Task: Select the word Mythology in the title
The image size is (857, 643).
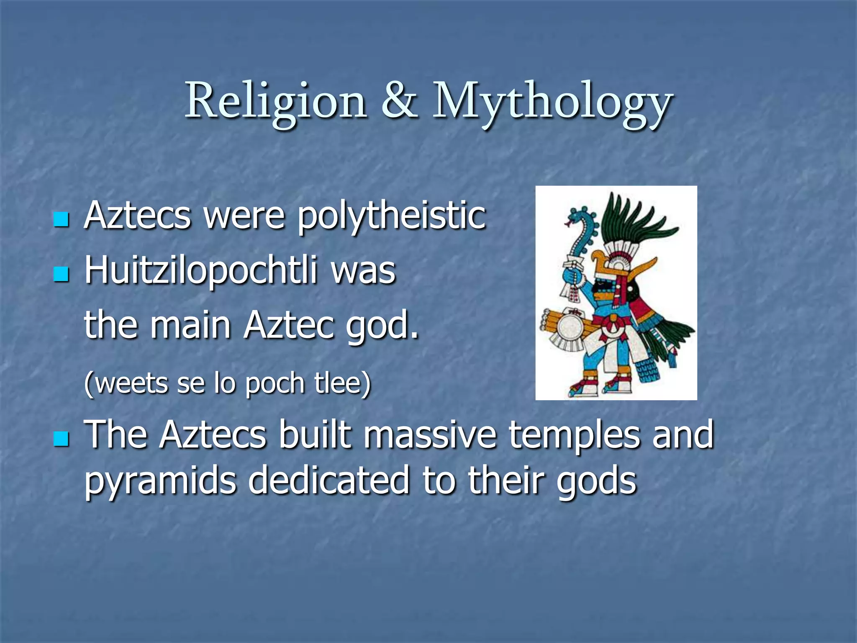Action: pyautogui.click(x=552, y=103)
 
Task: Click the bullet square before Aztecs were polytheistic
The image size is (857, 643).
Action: pyautogui.click(x=61, y=219)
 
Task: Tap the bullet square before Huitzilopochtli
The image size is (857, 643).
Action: pyautogui.click(x=61, y=275)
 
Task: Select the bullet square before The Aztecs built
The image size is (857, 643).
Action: pyautogui.click(x=61, y=439)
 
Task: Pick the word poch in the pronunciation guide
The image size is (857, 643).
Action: pyautogui.click(x=275, y=383)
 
